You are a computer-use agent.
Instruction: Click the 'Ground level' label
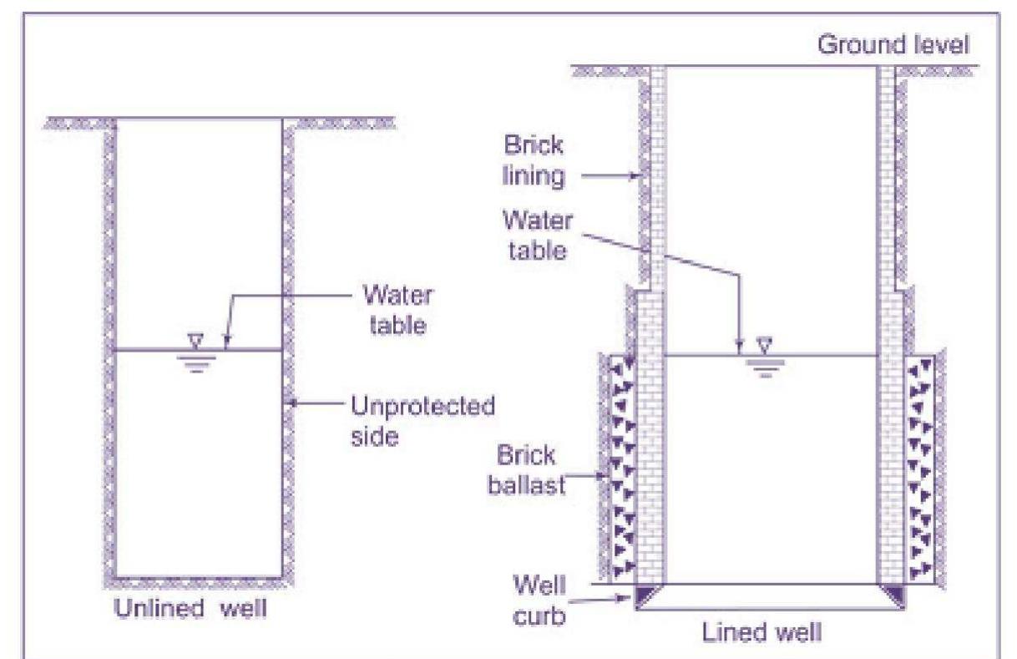coord(893,44)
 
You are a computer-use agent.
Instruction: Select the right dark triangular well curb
coord(892,595)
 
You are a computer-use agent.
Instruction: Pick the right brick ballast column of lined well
coord(921,468)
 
